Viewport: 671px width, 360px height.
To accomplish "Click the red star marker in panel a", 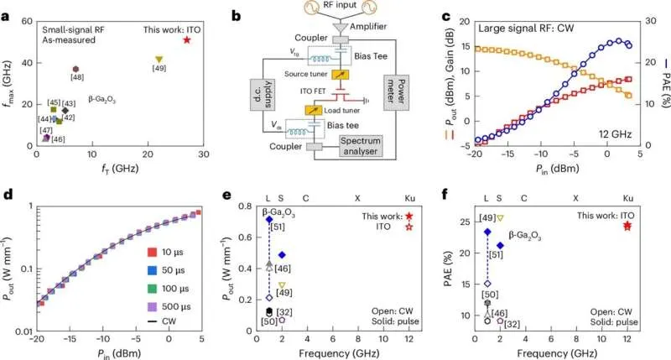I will pos(186,40).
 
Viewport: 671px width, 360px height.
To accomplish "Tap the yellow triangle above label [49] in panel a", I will pos(159,59).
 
